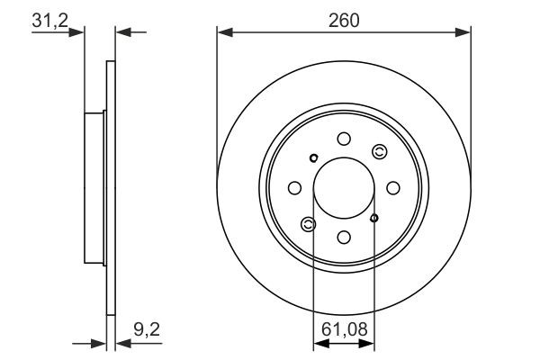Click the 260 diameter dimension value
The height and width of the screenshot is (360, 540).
coord(344,20)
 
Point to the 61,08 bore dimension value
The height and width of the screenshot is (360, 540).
coord(344,329)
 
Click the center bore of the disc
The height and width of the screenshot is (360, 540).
coord(344,188)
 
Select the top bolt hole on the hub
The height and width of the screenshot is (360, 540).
coord(344,138)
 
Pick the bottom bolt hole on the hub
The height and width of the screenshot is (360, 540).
coord(344,238)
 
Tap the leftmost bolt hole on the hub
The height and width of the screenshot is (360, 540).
coord(294,188)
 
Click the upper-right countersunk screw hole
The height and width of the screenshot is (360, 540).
coord(379,151)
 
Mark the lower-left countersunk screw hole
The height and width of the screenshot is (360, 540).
coord(309,224)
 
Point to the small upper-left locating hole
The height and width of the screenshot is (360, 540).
coord(313,159)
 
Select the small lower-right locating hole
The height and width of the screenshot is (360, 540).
coord(374,217)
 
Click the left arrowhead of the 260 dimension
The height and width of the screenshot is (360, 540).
coord(223,33)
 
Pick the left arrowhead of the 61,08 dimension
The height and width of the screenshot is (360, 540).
coord(318,343)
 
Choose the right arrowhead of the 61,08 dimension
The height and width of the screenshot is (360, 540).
coord(369,343)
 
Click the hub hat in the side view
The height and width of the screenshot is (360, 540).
coord(95,188)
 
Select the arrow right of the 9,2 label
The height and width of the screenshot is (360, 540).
coord(123,343)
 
